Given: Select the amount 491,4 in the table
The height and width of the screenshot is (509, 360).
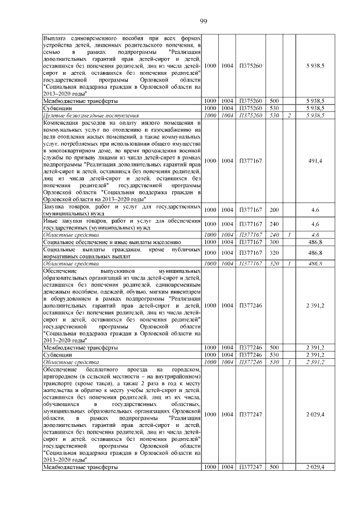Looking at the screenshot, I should point(315,161).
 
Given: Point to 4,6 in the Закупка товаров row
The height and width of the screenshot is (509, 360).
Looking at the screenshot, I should point(315,210).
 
